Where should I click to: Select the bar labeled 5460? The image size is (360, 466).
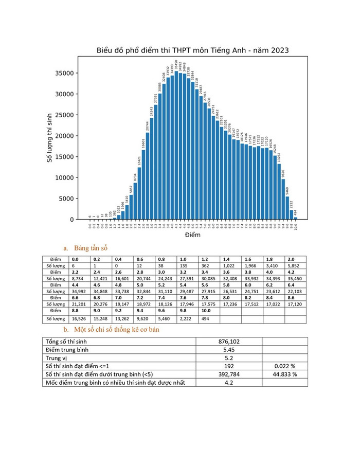pos(287,208)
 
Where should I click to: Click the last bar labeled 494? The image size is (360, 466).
pos(295,218)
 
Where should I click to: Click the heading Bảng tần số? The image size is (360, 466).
pos(91,248)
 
